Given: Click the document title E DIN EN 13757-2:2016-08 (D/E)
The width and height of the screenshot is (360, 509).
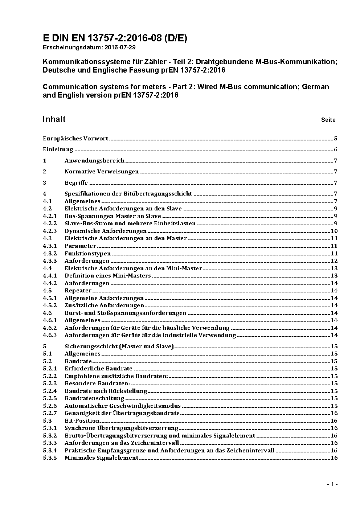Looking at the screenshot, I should (x=115, y=38).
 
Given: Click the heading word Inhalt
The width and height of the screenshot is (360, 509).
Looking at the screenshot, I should (x=54, y=119).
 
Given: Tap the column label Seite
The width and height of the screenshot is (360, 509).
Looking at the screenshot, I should (x=328, y=120).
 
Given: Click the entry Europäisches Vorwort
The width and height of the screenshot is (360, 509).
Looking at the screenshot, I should (x=75, y=138).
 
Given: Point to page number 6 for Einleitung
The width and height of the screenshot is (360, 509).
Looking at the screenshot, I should (x=336, y=149).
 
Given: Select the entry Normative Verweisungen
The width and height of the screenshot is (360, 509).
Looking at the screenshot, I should (x=102, y=172).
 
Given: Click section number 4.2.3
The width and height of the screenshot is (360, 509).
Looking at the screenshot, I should (x=50, y=231).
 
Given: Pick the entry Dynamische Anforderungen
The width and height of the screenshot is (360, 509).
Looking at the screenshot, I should (x=106, y=231).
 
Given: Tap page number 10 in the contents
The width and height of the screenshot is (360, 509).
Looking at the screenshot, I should (x=334, y=231).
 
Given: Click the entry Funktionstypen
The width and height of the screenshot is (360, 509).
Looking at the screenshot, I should (x=87, y=254).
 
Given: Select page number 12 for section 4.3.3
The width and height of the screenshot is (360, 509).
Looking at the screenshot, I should (x=334, y=261).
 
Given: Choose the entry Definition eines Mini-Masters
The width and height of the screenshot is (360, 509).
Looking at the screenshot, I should (x=108, y=276).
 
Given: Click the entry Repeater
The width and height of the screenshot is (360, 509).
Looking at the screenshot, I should (x=78, y=291).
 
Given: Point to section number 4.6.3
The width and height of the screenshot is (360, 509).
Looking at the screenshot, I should (x=50, y=335).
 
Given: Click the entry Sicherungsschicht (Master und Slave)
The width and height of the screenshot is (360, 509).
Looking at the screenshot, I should (x=119, y=346).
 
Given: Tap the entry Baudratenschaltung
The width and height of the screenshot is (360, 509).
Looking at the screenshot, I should (x=94, y=398).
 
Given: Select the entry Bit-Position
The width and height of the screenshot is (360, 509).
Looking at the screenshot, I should (x=82, y=421).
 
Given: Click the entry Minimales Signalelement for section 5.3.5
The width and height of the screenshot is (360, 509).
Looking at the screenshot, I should (x=102, y=458).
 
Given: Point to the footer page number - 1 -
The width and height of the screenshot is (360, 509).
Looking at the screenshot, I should (x=332, y=484).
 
